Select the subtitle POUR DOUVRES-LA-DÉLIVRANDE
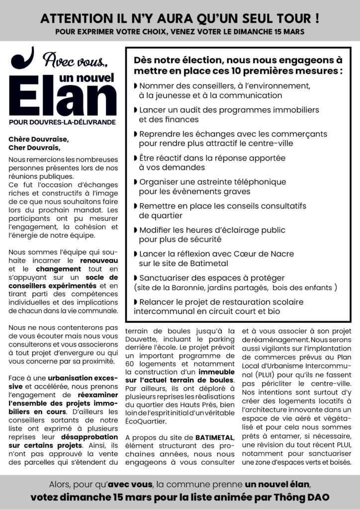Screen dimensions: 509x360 [x=62, y=122]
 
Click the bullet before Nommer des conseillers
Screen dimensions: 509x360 [x=136, y=86]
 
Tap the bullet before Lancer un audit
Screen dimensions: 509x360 [x=136, y=110]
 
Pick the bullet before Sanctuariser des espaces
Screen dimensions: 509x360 [x=136, y=278]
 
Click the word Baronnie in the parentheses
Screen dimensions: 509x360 [x=186, y=287]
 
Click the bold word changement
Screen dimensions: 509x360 [x=45, y=269]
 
